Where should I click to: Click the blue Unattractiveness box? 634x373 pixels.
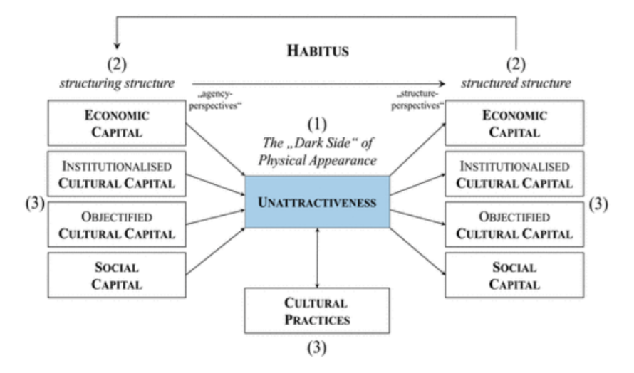pos(317,203)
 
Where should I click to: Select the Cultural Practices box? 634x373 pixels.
pos(317,311)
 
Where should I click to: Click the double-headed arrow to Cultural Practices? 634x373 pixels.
pos(317,258)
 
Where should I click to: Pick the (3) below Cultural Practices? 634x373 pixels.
pos(317,350)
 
